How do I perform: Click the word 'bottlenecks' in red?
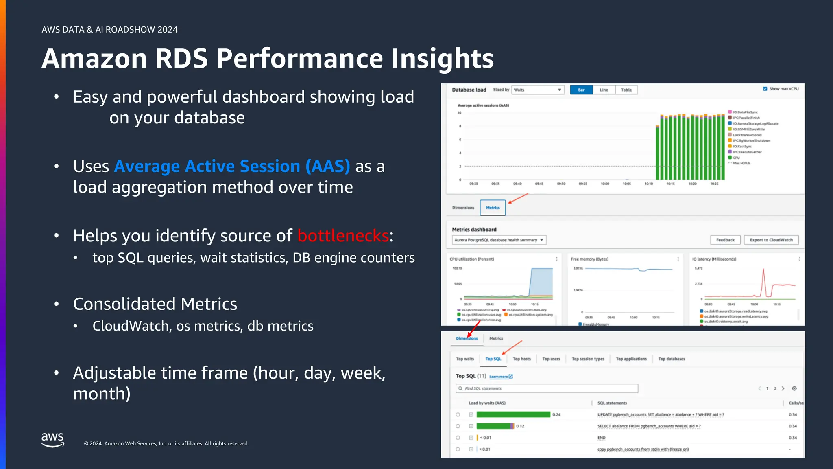coord(343,236)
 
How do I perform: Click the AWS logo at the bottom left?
coord(52,440)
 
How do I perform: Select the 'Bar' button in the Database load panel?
coord(581,90)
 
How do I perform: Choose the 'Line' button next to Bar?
coord(604,90)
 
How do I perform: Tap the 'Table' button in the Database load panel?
coord(626,90)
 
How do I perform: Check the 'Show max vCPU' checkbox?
coord(765,89)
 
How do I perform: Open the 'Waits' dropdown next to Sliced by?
coord(537,90)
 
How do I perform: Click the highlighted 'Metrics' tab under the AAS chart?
coord(493,208)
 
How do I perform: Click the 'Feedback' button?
coord(725,240)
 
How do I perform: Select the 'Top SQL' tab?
coord(493,359)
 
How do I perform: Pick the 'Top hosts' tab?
coord(521,359)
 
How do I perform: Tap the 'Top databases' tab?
coord(672,359)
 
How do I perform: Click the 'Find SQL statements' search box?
coord(547,388)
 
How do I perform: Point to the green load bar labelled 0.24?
coord(513,414)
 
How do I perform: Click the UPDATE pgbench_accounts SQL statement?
coord(661,415)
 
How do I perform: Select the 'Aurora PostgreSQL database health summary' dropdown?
coord(499,240)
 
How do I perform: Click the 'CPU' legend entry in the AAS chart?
coord(736,158)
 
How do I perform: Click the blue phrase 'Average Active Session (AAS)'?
coord(232,167)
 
